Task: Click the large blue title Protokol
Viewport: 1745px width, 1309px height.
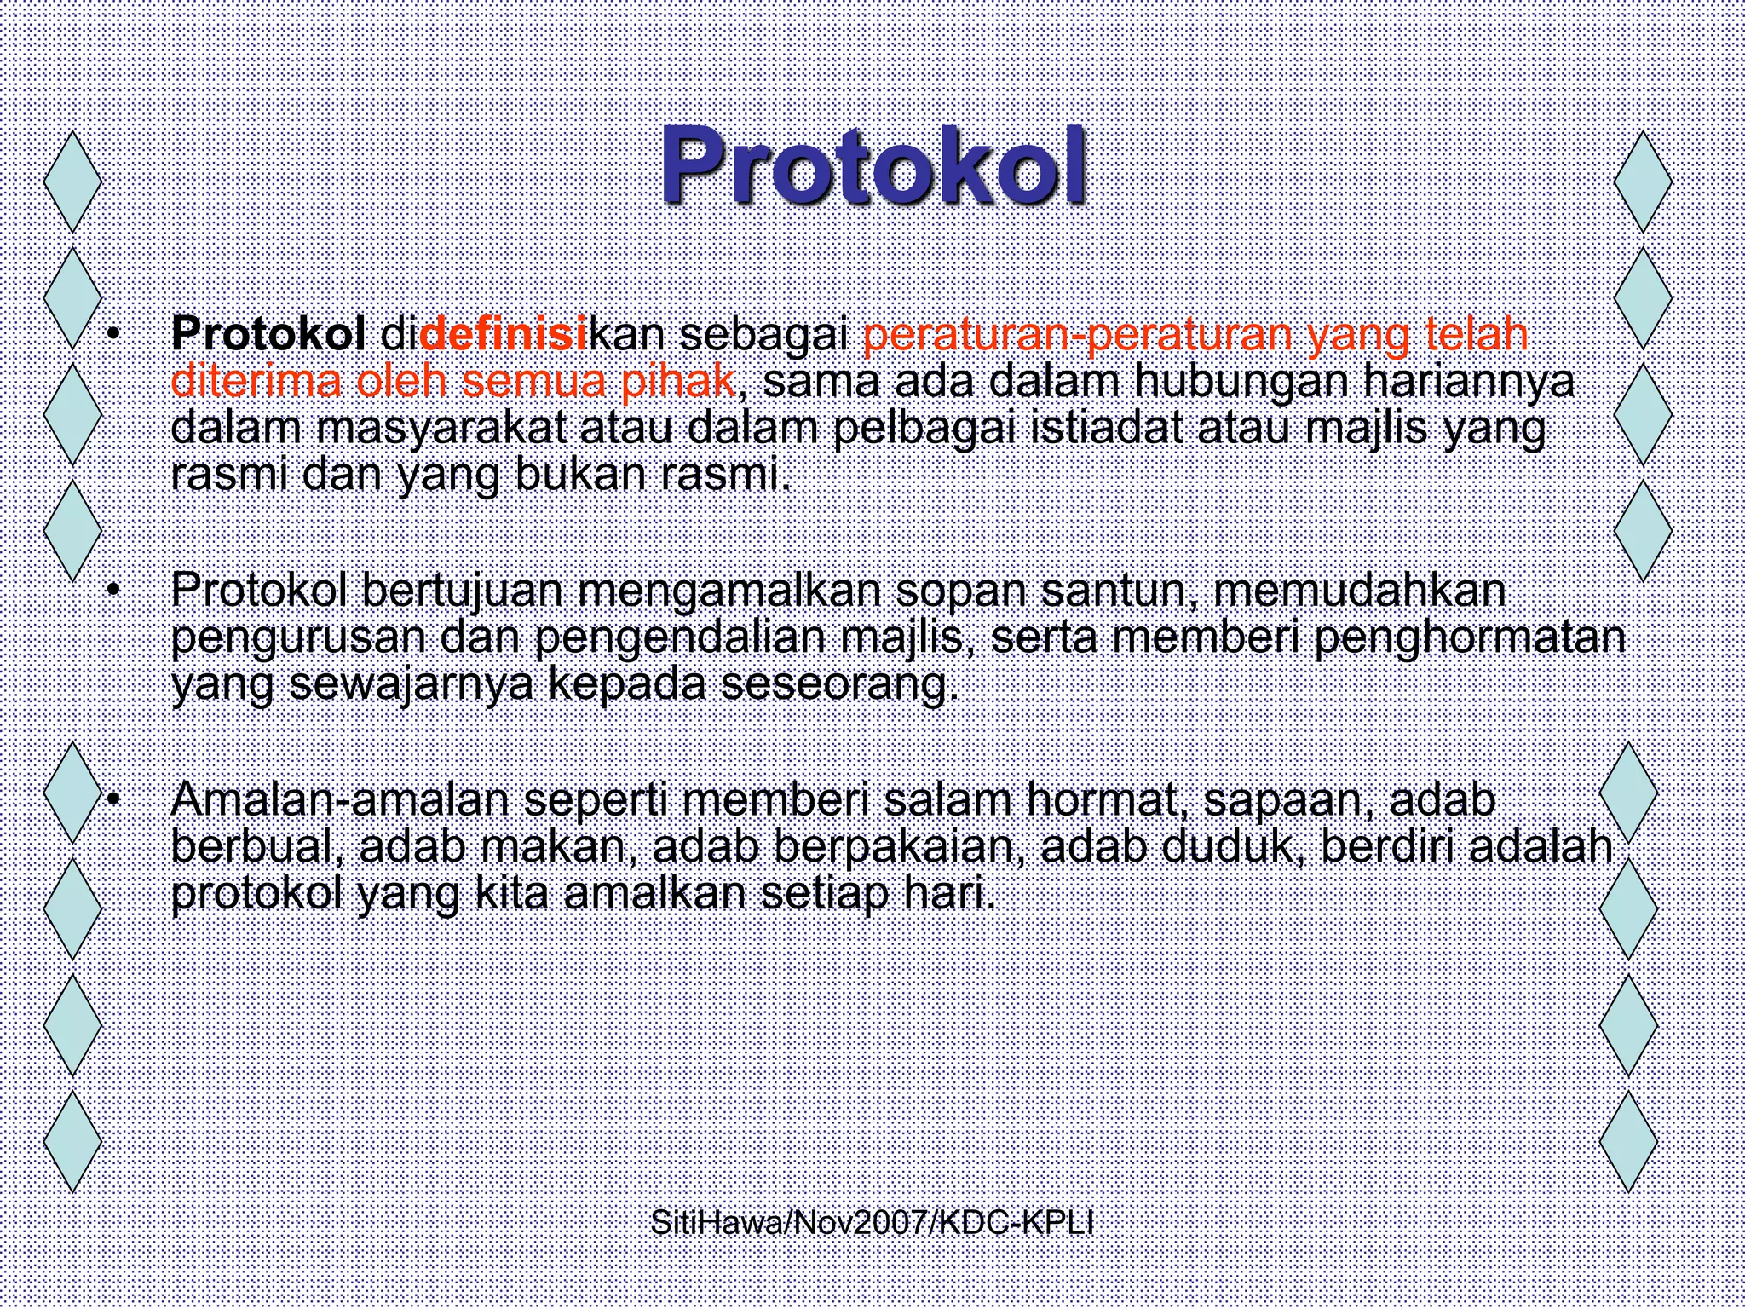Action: click(872, 166)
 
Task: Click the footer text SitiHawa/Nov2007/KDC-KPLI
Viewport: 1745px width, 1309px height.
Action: click(872, 1224)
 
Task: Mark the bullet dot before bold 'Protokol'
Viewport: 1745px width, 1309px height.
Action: click(112, 335)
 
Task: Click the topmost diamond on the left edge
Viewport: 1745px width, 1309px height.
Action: click(72, 182)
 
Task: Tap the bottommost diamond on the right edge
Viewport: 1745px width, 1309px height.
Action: click(1629, 1141)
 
